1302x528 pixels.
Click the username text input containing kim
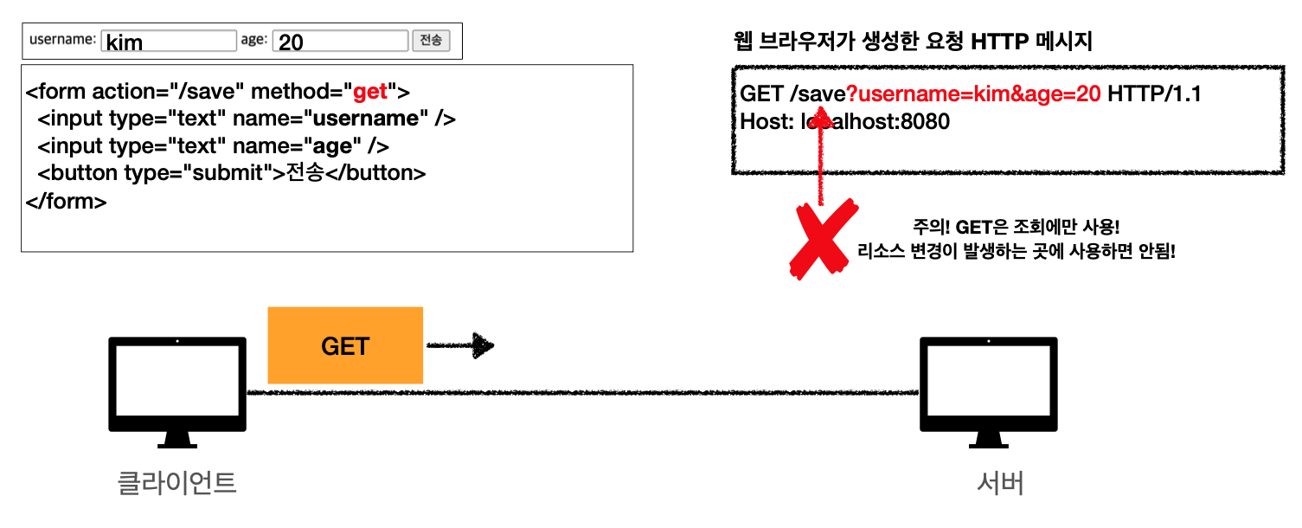168,41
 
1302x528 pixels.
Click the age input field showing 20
339,41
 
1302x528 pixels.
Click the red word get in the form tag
370,91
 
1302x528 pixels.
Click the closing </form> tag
67,202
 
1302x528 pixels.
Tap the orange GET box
345,345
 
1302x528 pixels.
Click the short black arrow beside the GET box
460,346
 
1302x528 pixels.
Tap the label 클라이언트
176,482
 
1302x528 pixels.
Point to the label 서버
999,483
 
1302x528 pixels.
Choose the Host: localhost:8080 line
844,122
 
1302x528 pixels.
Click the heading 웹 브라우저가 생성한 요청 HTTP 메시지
912,42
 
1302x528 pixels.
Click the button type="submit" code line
232,173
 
